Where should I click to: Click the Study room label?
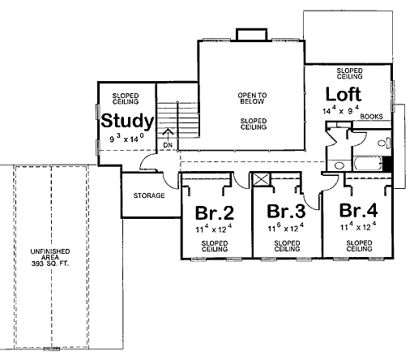click(127, 122)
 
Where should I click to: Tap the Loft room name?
click(344, 94)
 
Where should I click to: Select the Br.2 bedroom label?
click(215, 212)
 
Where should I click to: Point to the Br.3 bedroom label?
click(286, 211)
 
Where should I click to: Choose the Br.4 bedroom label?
click(358, 210)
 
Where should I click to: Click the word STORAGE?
click(149, 195)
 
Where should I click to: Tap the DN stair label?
click(168, 145)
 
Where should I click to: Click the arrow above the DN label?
click(168, 135)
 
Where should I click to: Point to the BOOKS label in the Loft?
click(371, 117)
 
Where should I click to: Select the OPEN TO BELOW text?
click(252, 98)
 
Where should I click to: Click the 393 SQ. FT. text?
click(50, 264)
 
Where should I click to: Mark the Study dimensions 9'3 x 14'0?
click(126, 138)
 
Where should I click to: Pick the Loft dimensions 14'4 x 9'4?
click(341, 110)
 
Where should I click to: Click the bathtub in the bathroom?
click(368, 163)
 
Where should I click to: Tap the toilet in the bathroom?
click(384, 143)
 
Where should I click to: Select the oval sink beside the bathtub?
click(339, 165)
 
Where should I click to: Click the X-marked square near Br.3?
click(261, 180)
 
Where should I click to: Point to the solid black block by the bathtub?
click(387, 164)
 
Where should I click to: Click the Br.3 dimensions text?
click(286, 227)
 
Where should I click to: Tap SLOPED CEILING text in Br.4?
click(359, 246)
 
